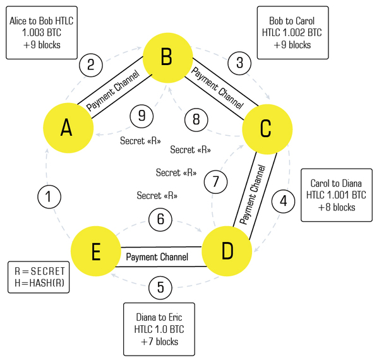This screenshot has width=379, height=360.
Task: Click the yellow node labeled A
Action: click(x=66, y=128)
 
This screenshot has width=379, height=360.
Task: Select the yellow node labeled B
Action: click(x=167, y=59)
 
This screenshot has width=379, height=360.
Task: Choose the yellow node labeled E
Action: click(x=95, y=253)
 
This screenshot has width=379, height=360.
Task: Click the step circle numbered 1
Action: click(x=50, y=197)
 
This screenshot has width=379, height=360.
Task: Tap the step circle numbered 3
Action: click(x=239, y=63)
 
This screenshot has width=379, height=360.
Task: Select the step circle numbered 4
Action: click(x=284, y=201)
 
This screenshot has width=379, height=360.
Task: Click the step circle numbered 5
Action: click(x=160, y=287)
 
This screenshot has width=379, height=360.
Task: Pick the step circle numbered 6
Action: click(x=160, y=219)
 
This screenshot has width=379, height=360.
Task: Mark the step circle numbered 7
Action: click(x=216, y=182)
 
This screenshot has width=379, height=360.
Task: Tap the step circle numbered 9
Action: click(x=141, y=116)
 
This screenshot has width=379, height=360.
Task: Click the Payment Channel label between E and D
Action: click(x=157, y=257)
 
